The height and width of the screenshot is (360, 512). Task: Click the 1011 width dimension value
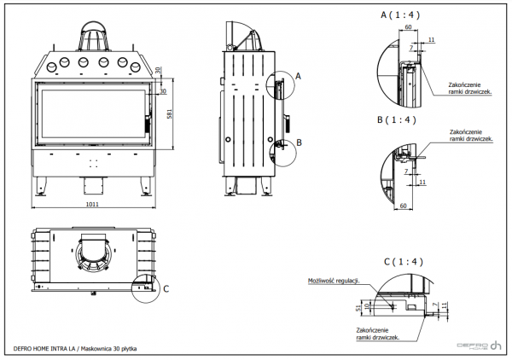tap(95, 205)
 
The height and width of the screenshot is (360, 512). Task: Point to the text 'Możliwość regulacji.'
tap(334, 279)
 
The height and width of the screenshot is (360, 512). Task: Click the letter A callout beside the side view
tap(299, 75)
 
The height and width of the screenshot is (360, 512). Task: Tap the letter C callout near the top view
tap(166, 288)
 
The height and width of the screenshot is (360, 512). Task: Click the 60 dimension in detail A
tap(409, 27)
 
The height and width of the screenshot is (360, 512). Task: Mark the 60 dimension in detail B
tap(404, 206)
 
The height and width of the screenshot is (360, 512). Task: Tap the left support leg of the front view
tap(43, 182)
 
